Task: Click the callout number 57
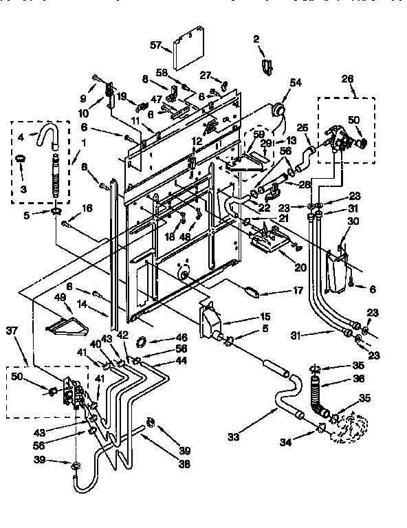(155, 45)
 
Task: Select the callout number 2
(256, 40)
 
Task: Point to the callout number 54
(296, 82)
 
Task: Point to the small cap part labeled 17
(251, 291)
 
